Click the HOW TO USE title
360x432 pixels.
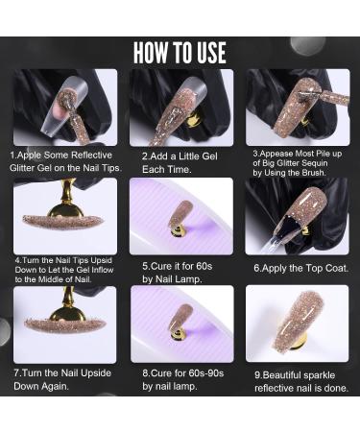pyautogui.click(x=180, y=52)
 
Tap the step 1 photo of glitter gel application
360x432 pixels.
pyautogui.click(x=64, y=107)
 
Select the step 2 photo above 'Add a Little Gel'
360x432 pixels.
pyautogui.click(x=180, y=107)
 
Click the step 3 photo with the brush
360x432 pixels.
pyautogui.click(x=296, y=107)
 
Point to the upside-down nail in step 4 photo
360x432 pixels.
pyautogui.click(x=63, y=220)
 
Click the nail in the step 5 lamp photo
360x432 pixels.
pyautogui.click(x=180, y=217)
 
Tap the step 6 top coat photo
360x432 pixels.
pyautogui.click(x=296, y=215)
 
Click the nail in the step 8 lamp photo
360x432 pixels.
pyautogui.click(x=180, y=323)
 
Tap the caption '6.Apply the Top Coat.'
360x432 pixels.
pyautogui.click(x=300, y=268)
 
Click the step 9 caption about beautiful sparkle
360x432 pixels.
pyautogui.click(x=300, y=381)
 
